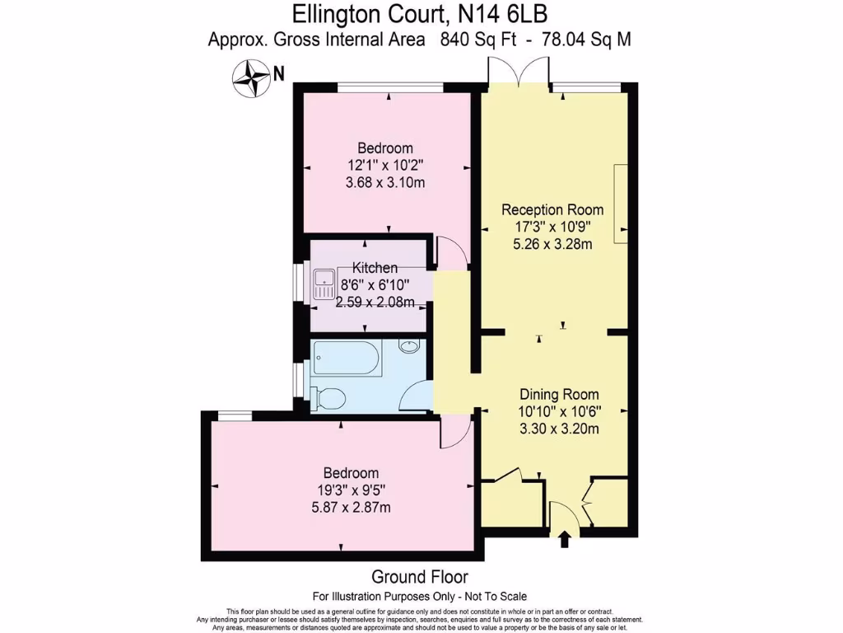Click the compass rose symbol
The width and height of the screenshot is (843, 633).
[252, 79]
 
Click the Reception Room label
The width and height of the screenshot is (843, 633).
[552, 209]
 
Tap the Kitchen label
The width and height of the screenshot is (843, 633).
[375, 268]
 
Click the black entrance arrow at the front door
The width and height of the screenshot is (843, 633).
[565, 540]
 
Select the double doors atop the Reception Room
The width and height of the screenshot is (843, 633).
[519, 73]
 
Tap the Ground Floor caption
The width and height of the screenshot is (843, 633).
[420, 576]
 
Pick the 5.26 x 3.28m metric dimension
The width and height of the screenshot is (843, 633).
[552, 243]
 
